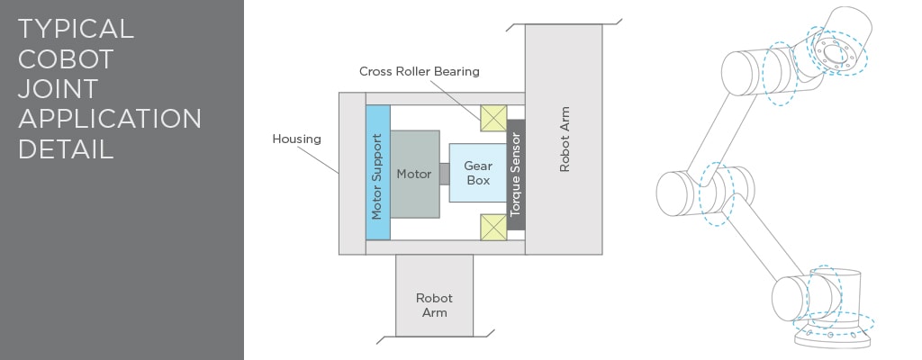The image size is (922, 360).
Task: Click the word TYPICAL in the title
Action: pyautogui.click(x=76, y=30)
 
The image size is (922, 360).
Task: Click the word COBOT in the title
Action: pyautogui.click(x=65, y=59)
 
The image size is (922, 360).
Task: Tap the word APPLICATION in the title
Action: pyautogui.click(x=110, y=120)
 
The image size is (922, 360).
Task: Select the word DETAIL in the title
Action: pyautogui.click(x=65, y=149)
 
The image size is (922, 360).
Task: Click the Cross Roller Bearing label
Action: pyautogui.click(x=420, y=71)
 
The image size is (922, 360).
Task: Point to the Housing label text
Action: pyautogui.click(x=296, y=139)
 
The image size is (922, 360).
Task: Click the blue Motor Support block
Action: pyautogui.click(x=377, y=173)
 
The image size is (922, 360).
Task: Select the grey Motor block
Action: pyautogui.click(x=414, y=174)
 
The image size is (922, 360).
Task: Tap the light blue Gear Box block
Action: pyautogui.click(x=478, y=173)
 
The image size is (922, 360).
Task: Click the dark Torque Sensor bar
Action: pyautogui.click(x=515, y=175)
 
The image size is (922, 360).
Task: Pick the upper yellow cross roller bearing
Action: pyautogui.click(x=493, y=118)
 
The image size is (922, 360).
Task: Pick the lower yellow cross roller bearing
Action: pyautogui.click(x=493, y=227)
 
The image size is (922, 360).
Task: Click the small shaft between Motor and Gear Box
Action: pyautogui.click(x=445, y=174)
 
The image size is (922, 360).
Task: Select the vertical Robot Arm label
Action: pyautogui.click(x=565, y=139)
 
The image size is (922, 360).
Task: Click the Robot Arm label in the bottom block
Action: pyautogui.click(x=435, y=305)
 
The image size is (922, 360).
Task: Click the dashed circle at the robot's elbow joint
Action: pyautogui.click(x=717, y=194)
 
